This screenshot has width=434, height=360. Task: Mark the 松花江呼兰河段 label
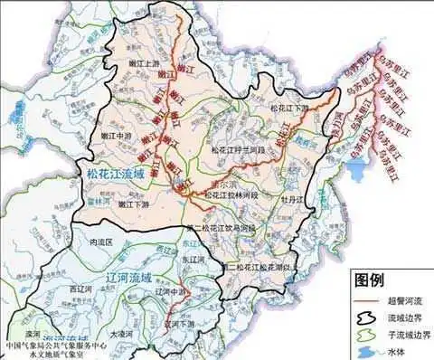tap(238, 148)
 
